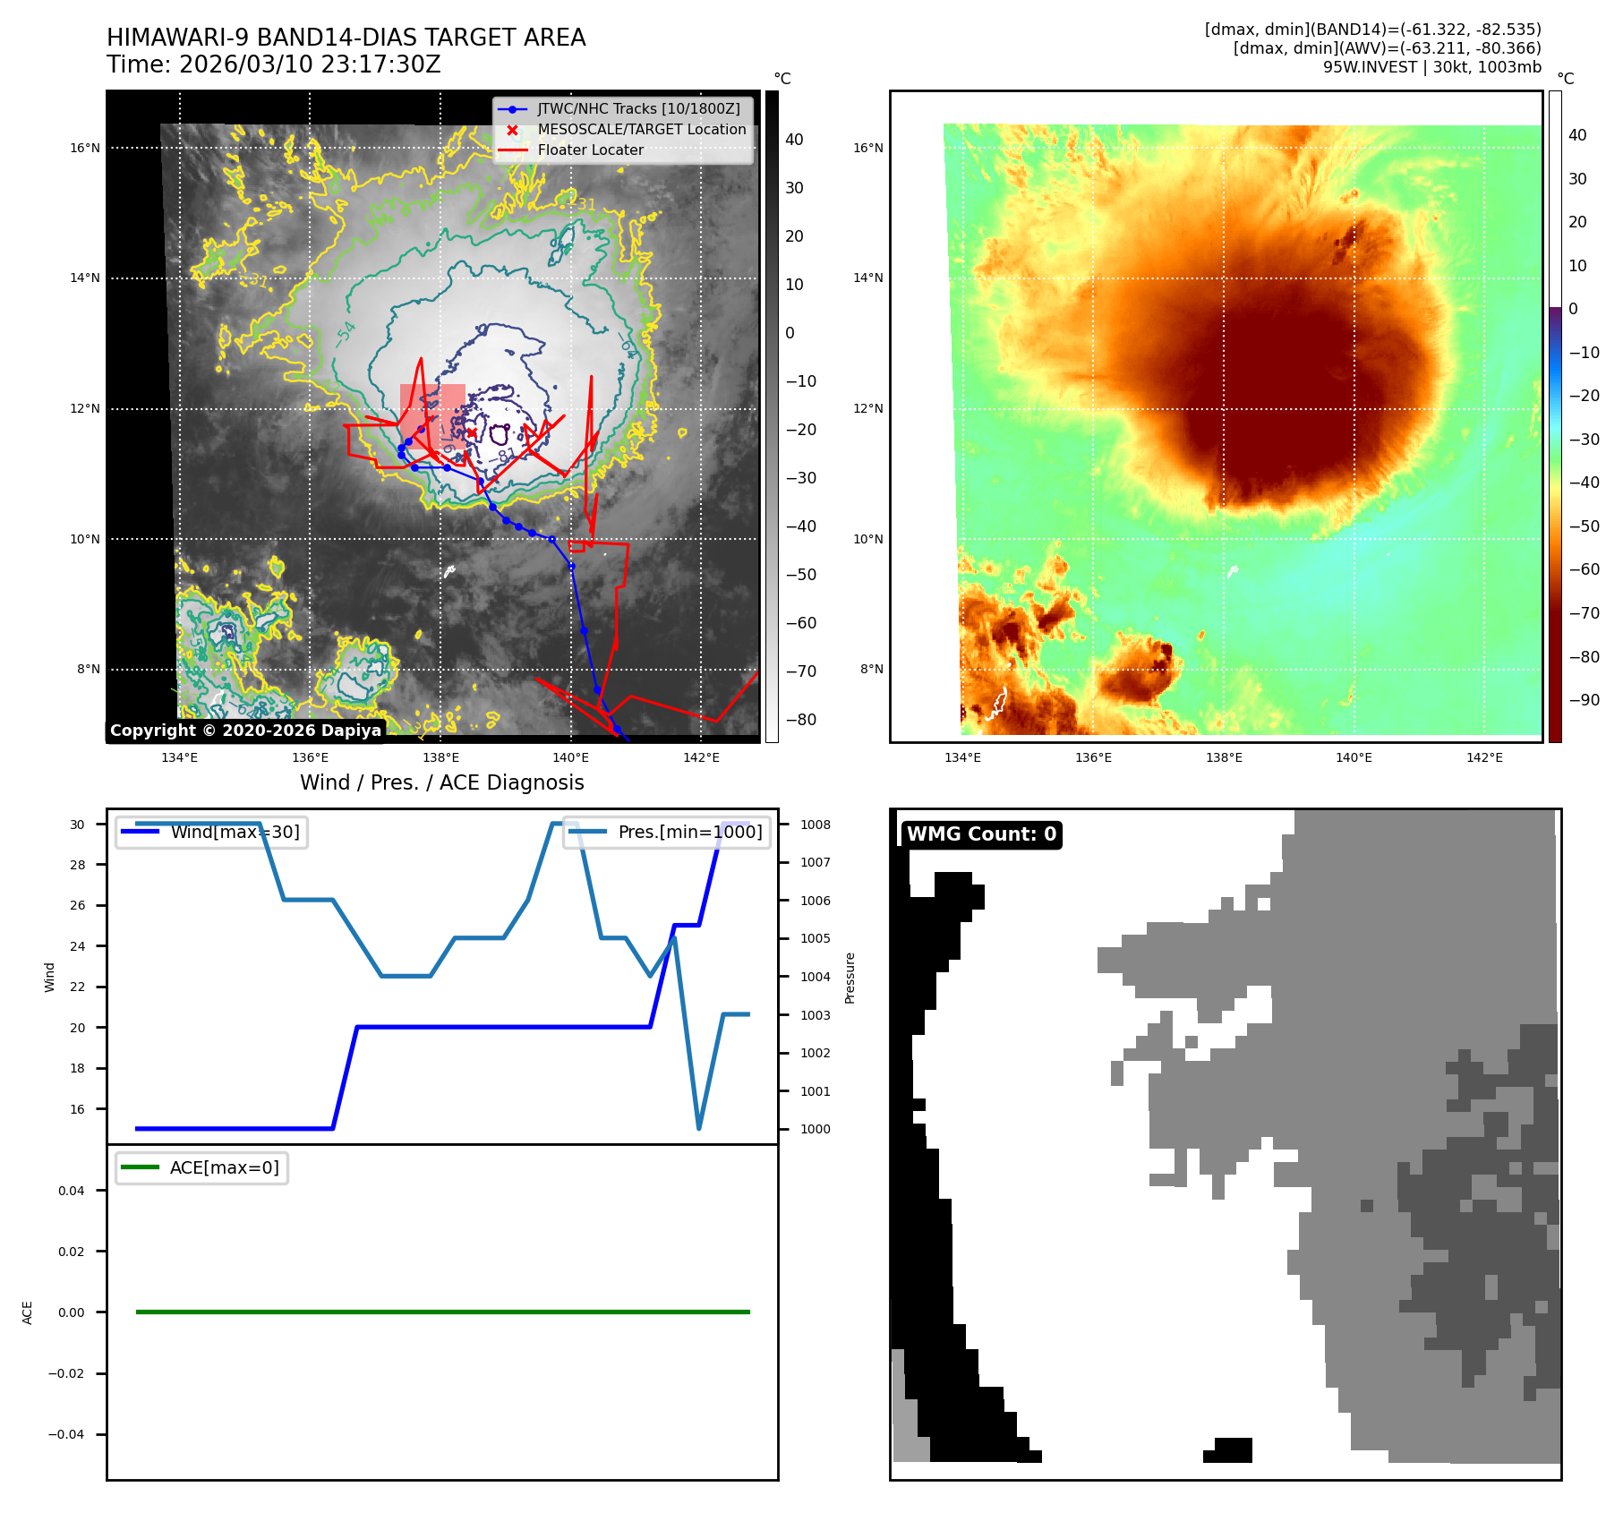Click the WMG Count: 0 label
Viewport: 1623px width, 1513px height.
click(x=981, y=833)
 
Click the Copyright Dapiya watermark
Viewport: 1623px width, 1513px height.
click(x=245, y=731)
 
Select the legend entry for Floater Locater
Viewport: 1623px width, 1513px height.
click(x=590, y=150)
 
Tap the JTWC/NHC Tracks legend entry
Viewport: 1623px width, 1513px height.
click(x=638, y=108)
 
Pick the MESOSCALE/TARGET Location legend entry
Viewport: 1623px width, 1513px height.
click(x=641, y=130)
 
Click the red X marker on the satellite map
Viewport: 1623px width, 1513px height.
click(x=472, y=433)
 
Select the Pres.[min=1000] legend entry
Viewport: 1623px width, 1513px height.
click(x=689, y=832)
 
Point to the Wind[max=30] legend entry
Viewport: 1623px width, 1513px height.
click(x=235, y=832)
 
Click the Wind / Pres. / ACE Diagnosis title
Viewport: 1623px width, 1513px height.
click(x=441, y=782)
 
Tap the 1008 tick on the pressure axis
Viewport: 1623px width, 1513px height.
click(x=815, y=825)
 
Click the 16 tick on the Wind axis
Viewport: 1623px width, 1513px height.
click(x=78, y=1109)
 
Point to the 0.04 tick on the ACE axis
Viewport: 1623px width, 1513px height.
click(x=72, y=1191)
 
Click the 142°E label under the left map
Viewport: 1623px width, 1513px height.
click(x=701, y=757)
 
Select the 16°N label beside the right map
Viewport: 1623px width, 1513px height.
click(x=867, y=148)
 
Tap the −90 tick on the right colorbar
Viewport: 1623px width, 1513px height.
click(x=1584, y=700)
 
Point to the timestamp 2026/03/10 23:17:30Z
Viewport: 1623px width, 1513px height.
click(x=310, y=64)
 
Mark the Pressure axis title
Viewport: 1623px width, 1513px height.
click(x=850, y=978)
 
